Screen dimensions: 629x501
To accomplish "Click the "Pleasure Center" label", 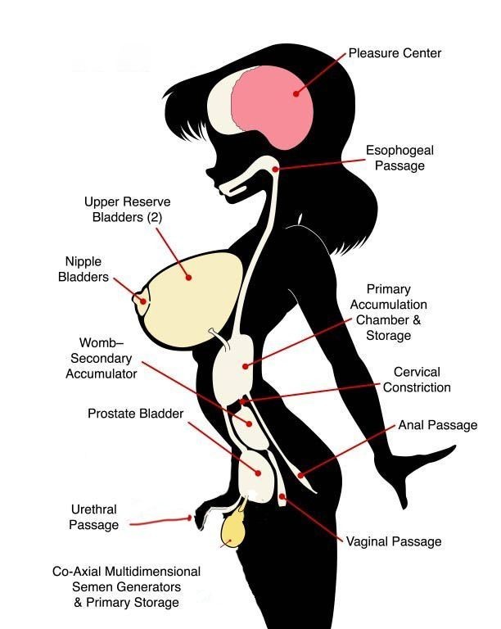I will click(395, 53).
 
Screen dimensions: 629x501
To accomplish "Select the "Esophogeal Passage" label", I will click(395, 158).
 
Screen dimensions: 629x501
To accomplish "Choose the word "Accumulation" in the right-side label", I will click(396, 305).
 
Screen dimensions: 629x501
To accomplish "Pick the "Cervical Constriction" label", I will click(417, 379).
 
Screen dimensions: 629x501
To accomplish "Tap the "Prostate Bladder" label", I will click(136, 414).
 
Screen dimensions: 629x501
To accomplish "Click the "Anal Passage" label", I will click(437, 425).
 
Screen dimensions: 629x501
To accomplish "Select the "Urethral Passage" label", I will click(93, 518).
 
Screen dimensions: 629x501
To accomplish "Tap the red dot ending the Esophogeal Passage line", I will click(277, 169).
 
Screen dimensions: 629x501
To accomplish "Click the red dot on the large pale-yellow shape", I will click(189, 278).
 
